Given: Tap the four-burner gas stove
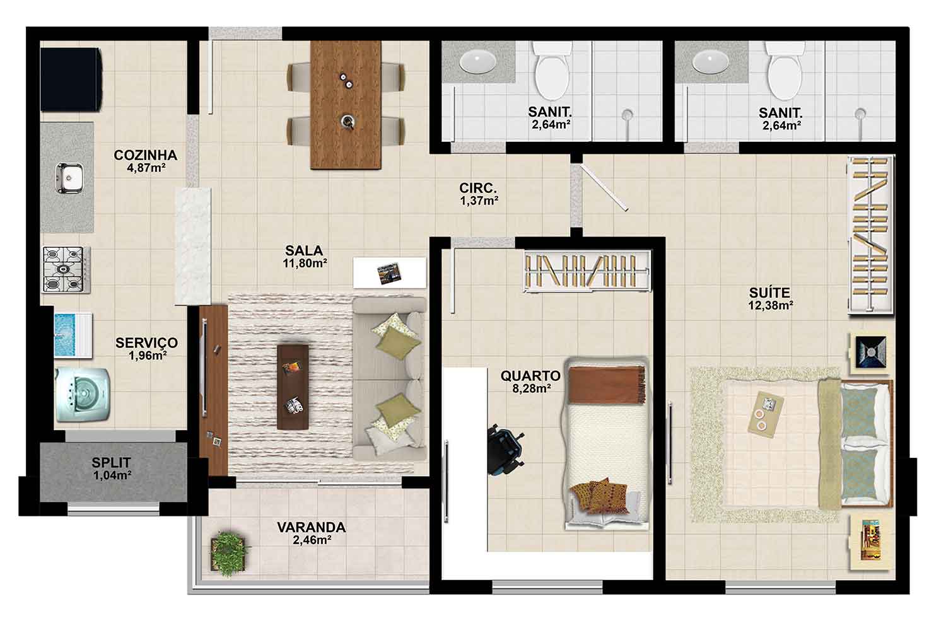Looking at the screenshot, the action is (66, 269).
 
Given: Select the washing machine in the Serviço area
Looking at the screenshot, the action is (82, 395).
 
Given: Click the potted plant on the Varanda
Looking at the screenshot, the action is (228, 554).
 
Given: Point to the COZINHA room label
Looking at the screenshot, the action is (145, 155).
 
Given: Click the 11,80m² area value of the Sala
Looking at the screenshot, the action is (305, 264).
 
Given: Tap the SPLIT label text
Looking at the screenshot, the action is (112, 463).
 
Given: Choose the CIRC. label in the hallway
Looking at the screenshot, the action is (478, 188).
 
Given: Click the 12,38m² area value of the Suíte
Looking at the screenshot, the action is (770, 305).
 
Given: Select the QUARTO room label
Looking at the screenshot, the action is (530, 375).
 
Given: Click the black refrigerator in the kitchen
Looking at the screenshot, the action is (71, 79).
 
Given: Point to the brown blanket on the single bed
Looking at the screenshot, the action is (607, 385).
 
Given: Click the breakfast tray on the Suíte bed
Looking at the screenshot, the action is (765, 414).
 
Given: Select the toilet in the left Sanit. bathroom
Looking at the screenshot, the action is (551, 71).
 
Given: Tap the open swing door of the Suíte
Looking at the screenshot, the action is (604, 187).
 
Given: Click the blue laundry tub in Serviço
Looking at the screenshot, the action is (73, 335).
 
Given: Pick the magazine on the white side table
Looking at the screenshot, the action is (389, 273).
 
